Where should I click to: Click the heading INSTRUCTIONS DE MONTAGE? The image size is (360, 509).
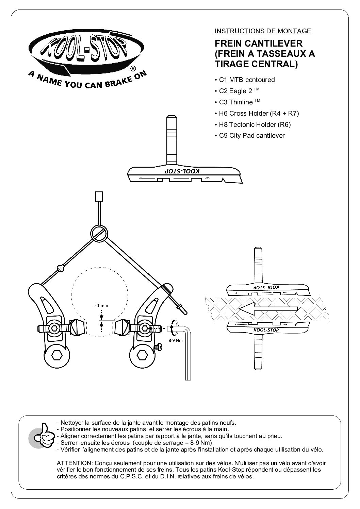click(x=263, y=31)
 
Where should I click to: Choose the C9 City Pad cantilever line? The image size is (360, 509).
click(x=252, y=136)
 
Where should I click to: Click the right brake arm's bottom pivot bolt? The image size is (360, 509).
click(x=140, y=356)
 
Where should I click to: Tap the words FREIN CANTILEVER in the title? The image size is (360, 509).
click(x=259, y=44)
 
